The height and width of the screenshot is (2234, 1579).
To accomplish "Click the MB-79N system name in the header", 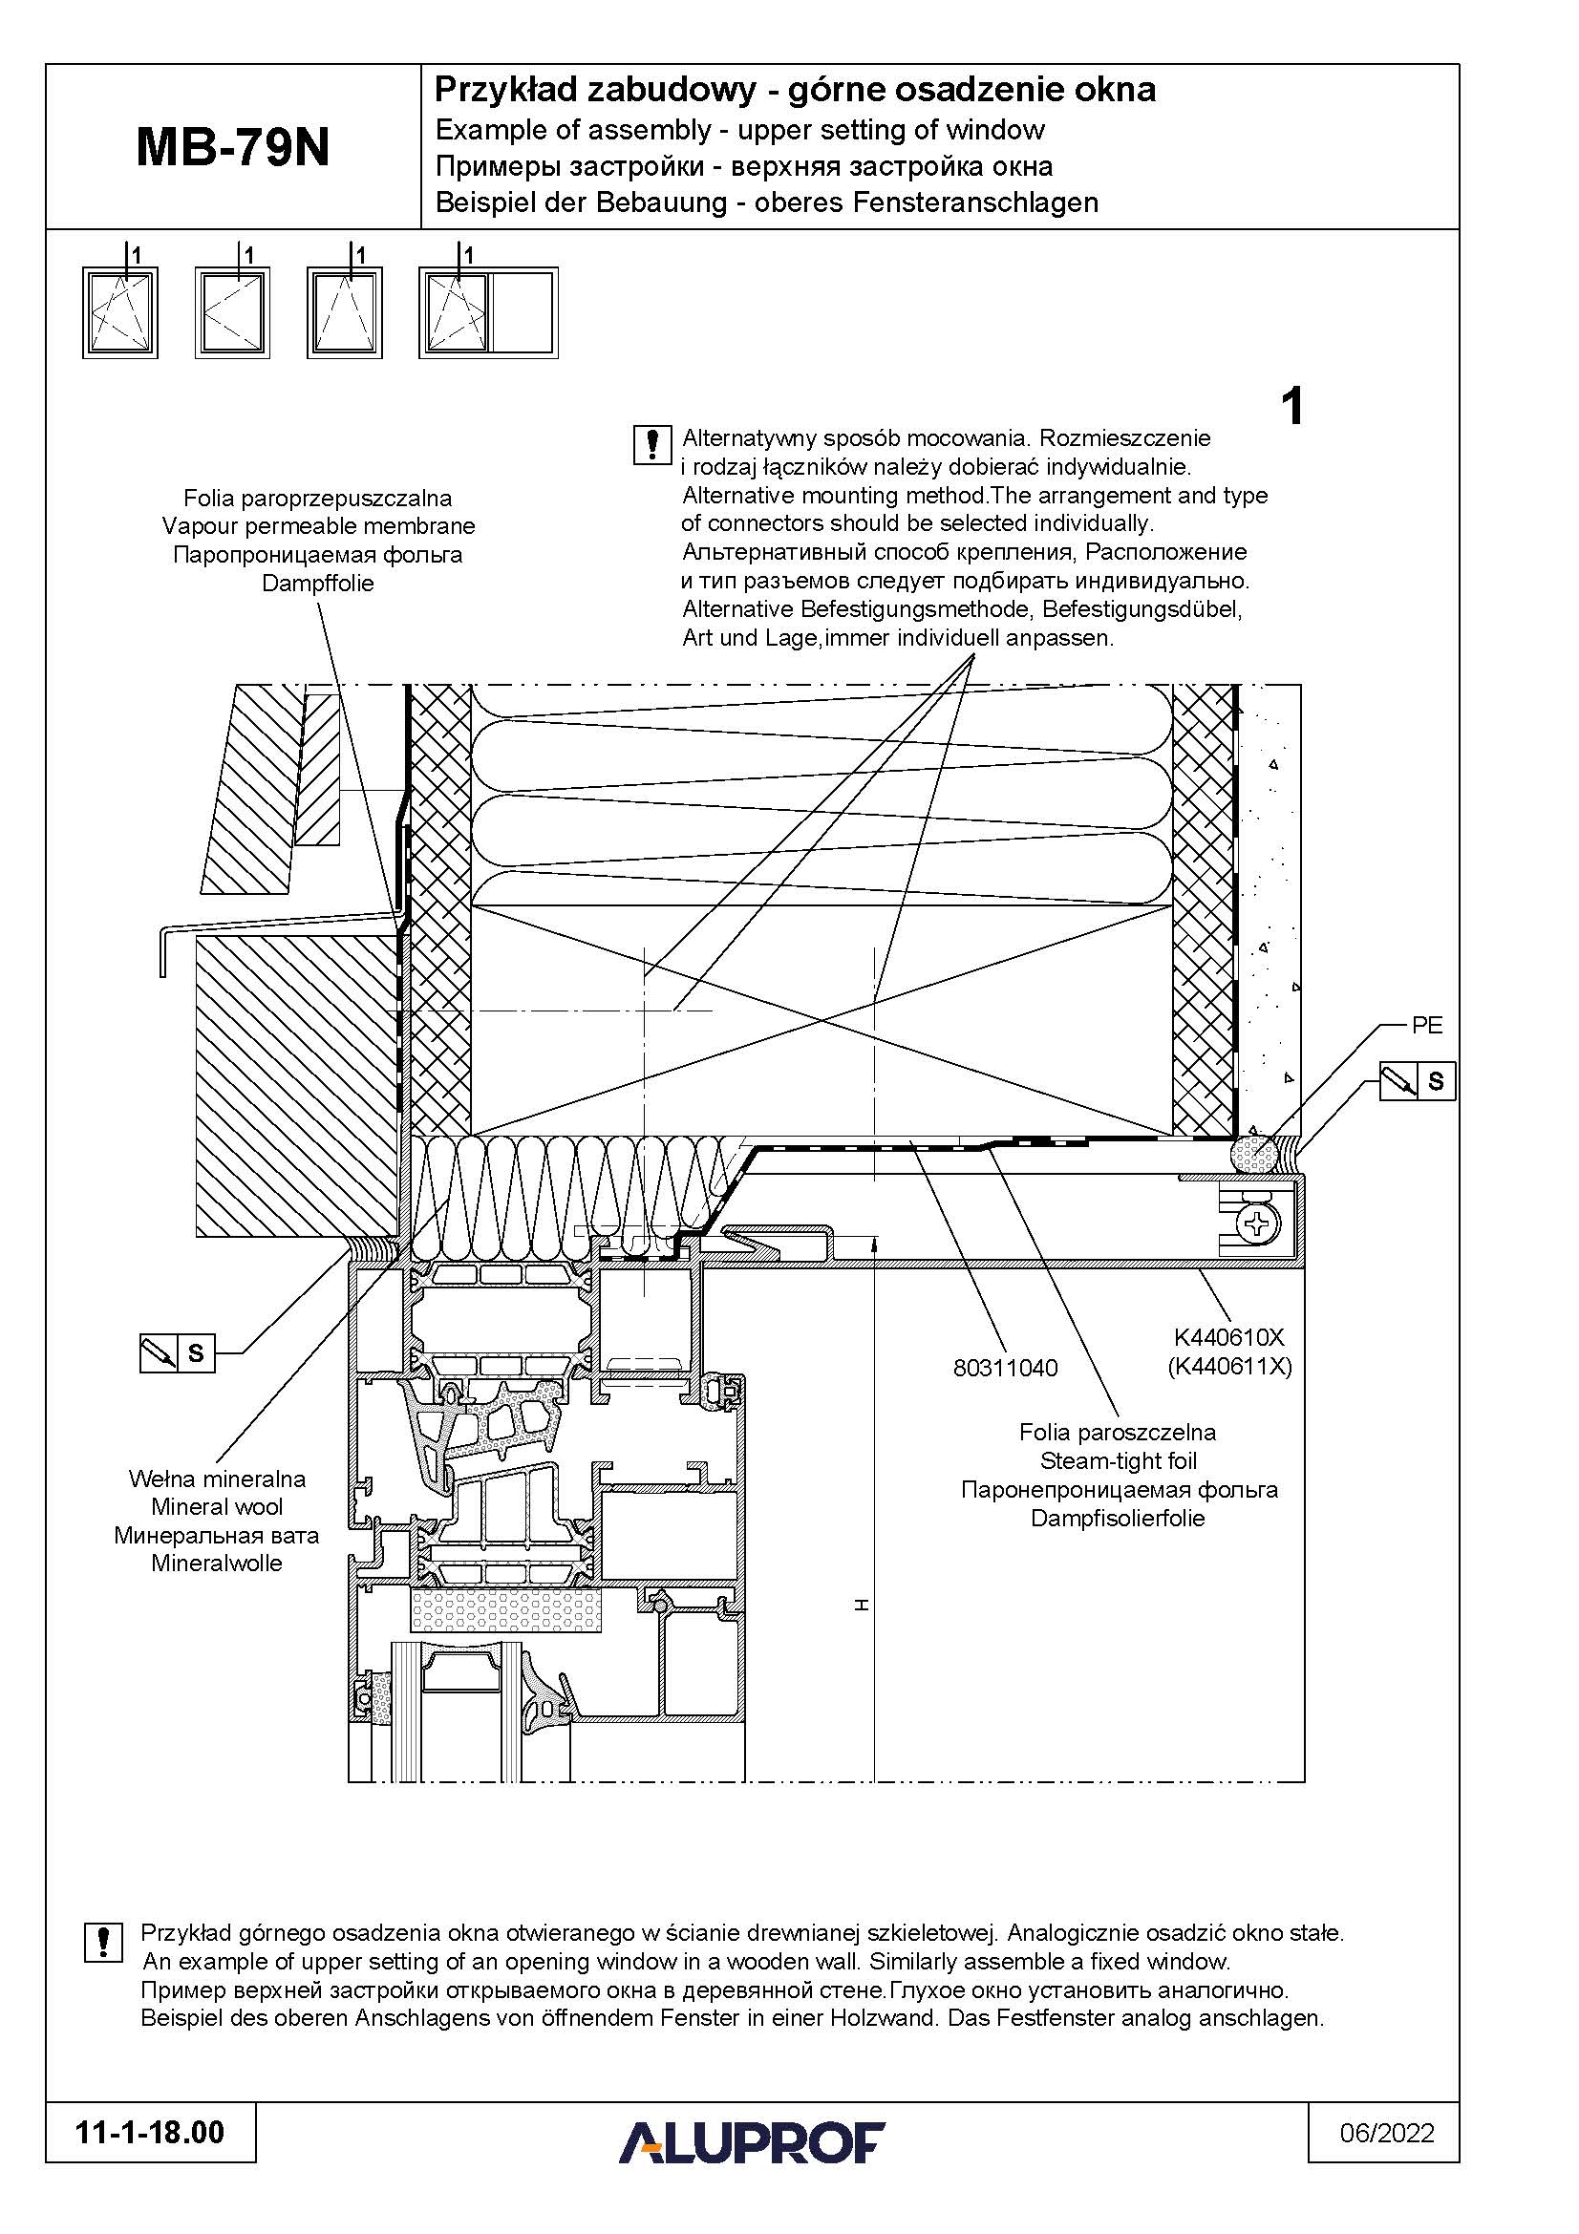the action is [x=232, y=148].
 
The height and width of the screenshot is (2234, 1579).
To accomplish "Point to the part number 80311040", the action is [x=1005, y=1367].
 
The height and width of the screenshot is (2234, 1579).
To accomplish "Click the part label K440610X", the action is [x=1228, y=1338].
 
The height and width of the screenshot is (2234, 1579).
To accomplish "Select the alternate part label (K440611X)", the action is [x=1229, y=1366].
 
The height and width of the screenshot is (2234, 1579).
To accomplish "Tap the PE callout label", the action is [x=1426, y=1025].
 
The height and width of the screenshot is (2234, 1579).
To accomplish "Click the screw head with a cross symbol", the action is [x=1256, y=1223].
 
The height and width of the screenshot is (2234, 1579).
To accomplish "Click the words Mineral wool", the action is [x=217, y=1506].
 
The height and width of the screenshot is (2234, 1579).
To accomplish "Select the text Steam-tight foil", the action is [x=1118, y=1460].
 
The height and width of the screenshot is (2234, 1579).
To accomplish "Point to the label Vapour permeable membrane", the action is [x=318, y=526].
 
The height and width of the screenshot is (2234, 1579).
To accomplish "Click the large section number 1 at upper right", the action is [x=1292, y=407].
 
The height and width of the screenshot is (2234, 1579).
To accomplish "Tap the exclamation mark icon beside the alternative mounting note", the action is [x=651, y=445].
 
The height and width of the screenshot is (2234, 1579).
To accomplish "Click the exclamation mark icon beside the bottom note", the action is [x=104, y=1942].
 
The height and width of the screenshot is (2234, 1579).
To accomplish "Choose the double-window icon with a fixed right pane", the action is [x=488, y=312].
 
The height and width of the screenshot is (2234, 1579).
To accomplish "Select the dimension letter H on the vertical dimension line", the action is [x=861, y=1606].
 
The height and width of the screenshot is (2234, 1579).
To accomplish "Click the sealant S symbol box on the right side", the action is [x=1418, y=1081].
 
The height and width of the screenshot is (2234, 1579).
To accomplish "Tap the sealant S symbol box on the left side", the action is [x=177, y=1352].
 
